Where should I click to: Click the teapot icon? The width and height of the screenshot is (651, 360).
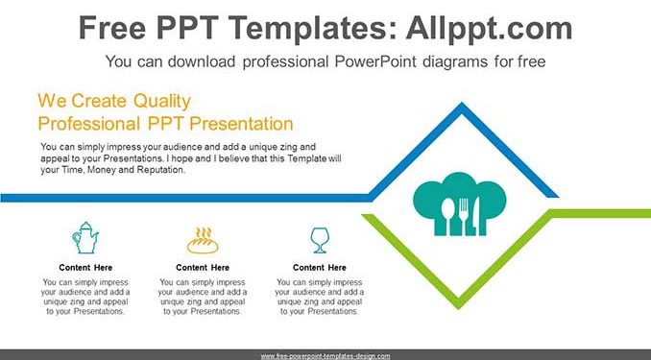pos(85,237)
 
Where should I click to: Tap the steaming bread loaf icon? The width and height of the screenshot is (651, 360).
pos(203,240)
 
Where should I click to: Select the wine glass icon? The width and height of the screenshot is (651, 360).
pos(320,240)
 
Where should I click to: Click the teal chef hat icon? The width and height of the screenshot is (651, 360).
pos(460,204)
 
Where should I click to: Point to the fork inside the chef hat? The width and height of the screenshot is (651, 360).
pos(464,216)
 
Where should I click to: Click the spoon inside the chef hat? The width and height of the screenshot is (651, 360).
pos(448,216)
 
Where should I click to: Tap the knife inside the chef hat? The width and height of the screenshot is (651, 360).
pos(476,216)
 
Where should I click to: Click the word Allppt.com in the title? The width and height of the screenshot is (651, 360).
pos(489,28)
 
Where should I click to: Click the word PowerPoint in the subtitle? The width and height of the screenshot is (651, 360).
pos(375,61)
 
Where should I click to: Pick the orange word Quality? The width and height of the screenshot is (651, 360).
pos(162,101)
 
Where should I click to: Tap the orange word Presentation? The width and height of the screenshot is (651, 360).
pos(241,124)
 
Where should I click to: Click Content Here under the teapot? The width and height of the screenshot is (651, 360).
pos(85,268)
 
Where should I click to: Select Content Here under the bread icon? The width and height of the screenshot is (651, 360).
pos(203,268)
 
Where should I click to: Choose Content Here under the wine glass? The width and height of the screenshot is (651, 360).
pos(320,268)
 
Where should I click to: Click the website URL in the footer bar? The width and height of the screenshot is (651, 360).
pos(325,356)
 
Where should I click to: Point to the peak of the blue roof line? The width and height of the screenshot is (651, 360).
pos(462,104)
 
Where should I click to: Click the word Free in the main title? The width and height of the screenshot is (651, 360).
pos(112,28)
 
